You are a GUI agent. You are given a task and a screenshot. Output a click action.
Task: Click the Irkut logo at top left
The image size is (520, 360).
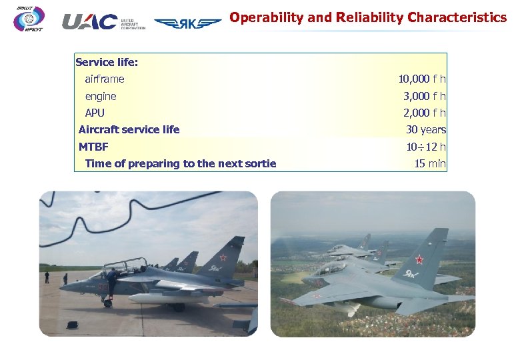(29, 19)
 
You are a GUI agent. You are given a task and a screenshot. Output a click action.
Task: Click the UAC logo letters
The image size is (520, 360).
(89, 22)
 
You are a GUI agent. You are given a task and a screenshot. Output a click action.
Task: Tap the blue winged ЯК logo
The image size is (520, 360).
(188, 23)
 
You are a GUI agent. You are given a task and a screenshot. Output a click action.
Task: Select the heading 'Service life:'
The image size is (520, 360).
(107, 62)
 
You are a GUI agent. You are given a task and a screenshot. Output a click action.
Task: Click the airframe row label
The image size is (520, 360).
(104, 79)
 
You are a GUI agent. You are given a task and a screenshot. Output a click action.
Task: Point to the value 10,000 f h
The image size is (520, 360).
(421, 79)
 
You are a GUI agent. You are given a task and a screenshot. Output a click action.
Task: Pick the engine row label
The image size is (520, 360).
(100, 96)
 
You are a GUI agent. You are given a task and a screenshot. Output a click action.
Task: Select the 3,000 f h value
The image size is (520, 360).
(424, 96)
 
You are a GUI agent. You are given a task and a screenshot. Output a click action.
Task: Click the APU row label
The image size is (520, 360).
(95, 113)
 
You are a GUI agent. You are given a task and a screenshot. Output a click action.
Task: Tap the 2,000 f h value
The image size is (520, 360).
(424, 113)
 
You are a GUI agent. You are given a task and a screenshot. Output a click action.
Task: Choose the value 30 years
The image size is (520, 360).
(426, 129)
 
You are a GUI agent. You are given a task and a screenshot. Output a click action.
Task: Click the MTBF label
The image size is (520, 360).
(93, 147)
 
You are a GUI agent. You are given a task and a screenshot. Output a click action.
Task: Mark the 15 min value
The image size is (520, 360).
(430, 163)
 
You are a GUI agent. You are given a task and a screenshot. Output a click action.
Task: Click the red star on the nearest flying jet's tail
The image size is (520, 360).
(420, 259)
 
